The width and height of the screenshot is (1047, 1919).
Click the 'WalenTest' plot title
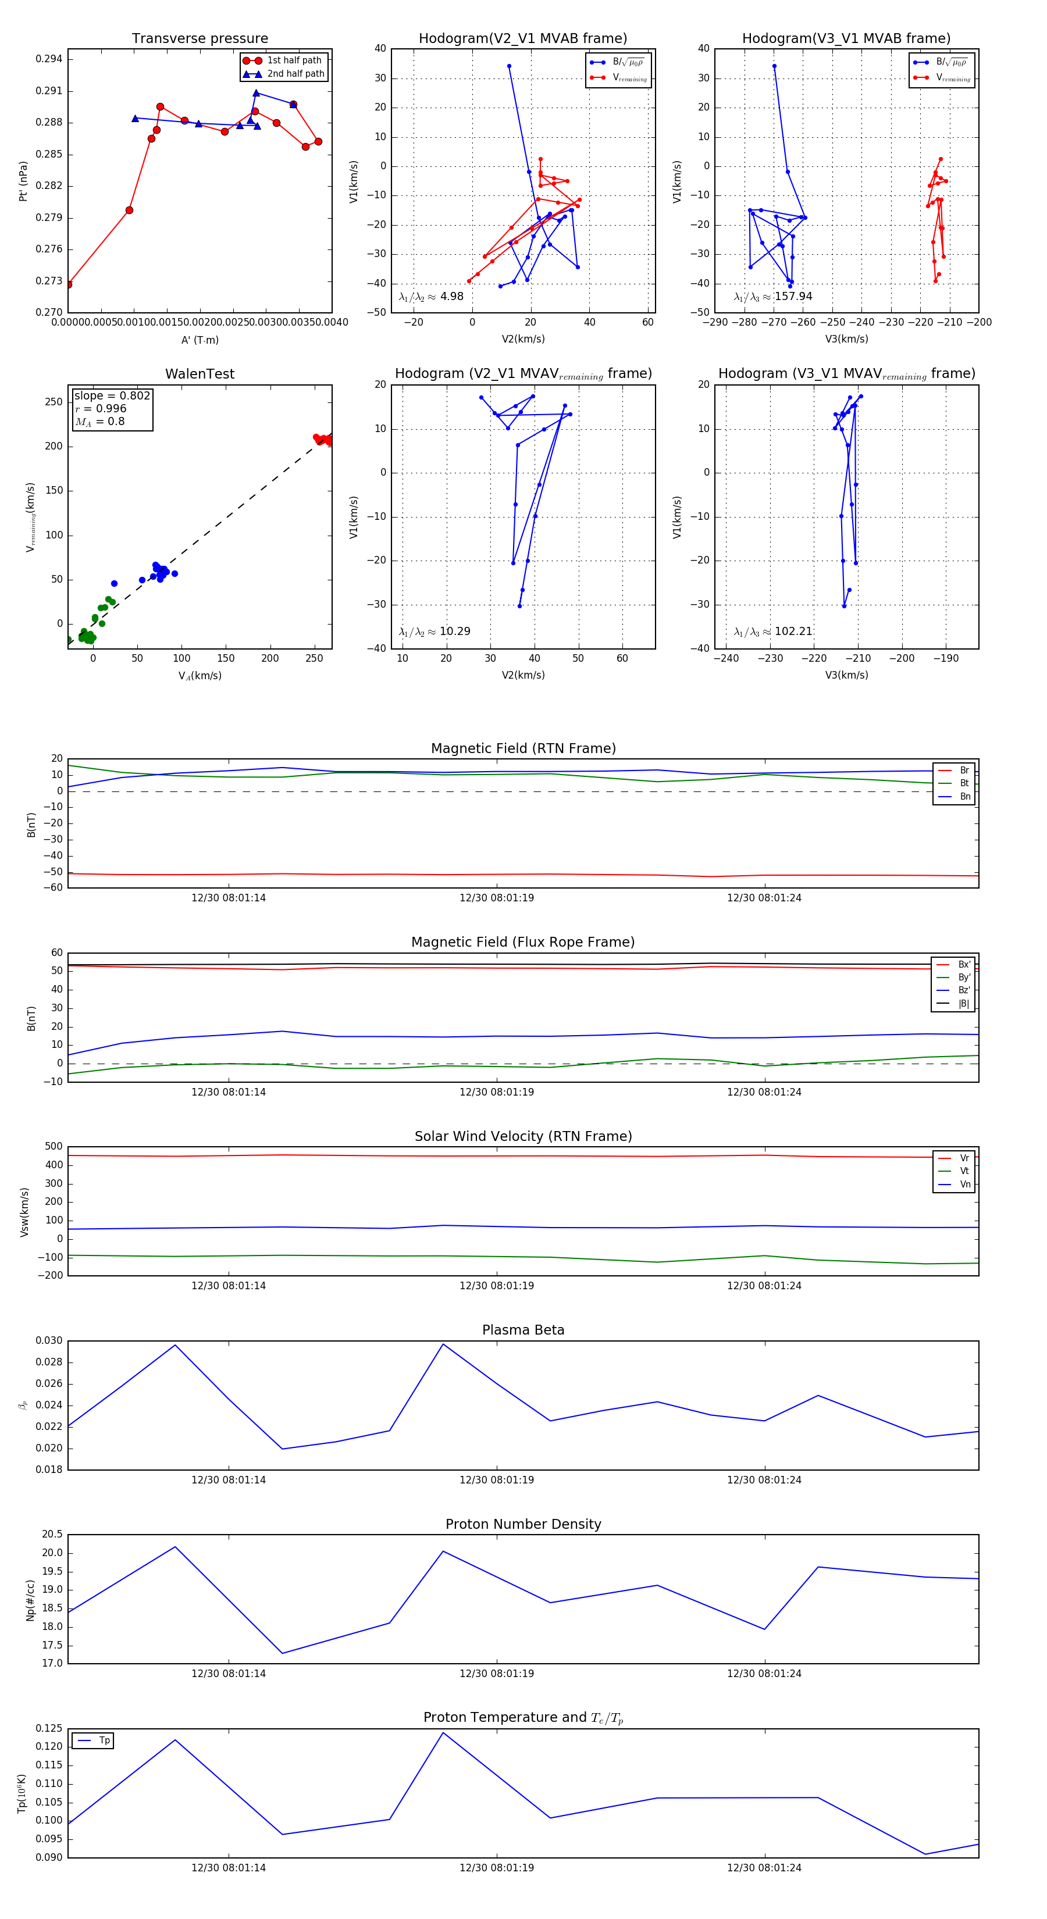200,374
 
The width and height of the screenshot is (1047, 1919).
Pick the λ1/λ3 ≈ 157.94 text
773,297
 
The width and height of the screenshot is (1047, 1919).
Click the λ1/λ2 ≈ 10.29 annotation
435,632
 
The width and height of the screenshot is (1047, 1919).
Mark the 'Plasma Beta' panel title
523,1331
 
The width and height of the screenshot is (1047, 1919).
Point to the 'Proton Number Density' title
523,1524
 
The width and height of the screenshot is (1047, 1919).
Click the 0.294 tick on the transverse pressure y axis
49,59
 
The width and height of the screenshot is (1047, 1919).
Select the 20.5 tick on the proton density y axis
52,1534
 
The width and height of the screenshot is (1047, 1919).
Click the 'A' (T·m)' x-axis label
200,340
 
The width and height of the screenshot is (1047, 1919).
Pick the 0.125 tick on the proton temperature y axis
49,1728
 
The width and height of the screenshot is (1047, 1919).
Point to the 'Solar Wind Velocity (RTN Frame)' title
523,1137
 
